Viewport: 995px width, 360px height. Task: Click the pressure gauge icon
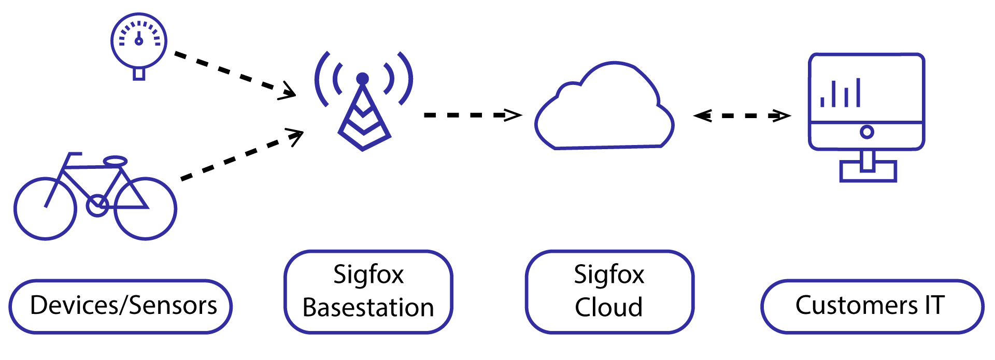pos(138,41)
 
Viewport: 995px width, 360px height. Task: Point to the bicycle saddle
pos(115,161)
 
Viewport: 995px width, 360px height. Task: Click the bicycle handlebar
pos(74,154)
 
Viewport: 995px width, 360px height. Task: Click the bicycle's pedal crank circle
pos(97,206)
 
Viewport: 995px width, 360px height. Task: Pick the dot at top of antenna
pos(363,79)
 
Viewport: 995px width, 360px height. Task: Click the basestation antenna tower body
pos(363,122)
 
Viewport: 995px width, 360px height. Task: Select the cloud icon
pos(604,111)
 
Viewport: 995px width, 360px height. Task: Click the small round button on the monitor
pos(866,132)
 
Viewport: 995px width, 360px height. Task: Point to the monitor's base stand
pos(868,171)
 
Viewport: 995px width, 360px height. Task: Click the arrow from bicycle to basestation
pos(241,155)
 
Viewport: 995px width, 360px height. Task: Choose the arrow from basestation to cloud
pos(472,115)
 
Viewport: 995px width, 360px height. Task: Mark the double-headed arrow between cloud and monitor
pos(742,116)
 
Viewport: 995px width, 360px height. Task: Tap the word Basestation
pos(368,308)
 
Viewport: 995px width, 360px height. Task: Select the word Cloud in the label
pos(608,308)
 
